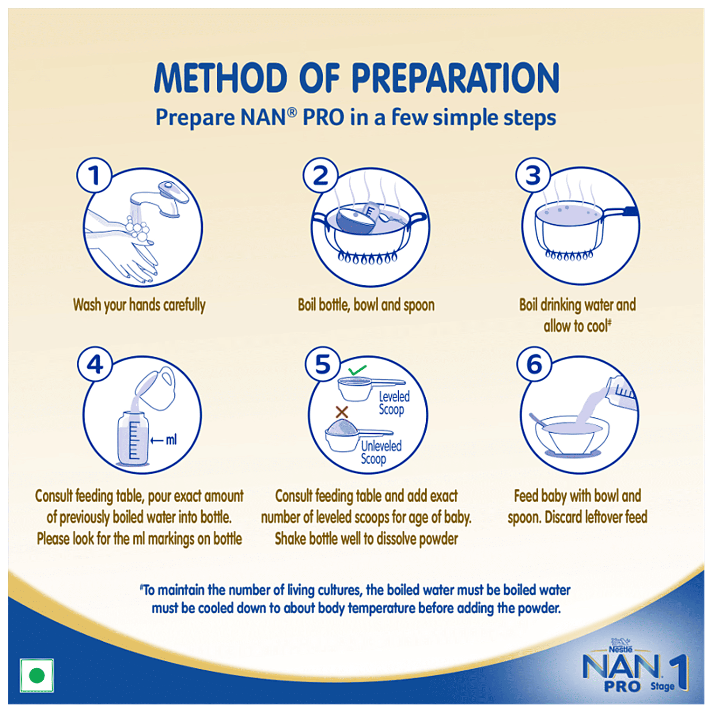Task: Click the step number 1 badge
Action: [94, 175]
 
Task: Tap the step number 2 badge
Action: [321, 175]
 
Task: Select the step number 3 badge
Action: [534, 175]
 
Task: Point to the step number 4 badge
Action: [95, 364]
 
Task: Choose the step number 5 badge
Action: [323, 364]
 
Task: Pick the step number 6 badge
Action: [534, 364]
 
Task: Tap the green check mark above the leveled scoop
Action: [357, 370]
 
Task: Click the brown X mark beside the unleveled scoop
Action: [342, 412]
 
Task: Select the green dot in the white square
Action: [37, 675]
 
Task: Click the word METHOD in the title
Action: [221, 78]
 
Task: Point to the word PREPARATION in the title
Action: [455, 78]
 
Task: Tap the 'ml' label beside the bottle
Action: [171, 440]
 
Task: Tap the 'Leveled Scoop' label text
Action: [393, 403]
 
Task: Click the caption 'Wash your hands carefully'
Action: [139, 305]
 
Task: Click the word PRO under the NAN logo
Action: [622, 686]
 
